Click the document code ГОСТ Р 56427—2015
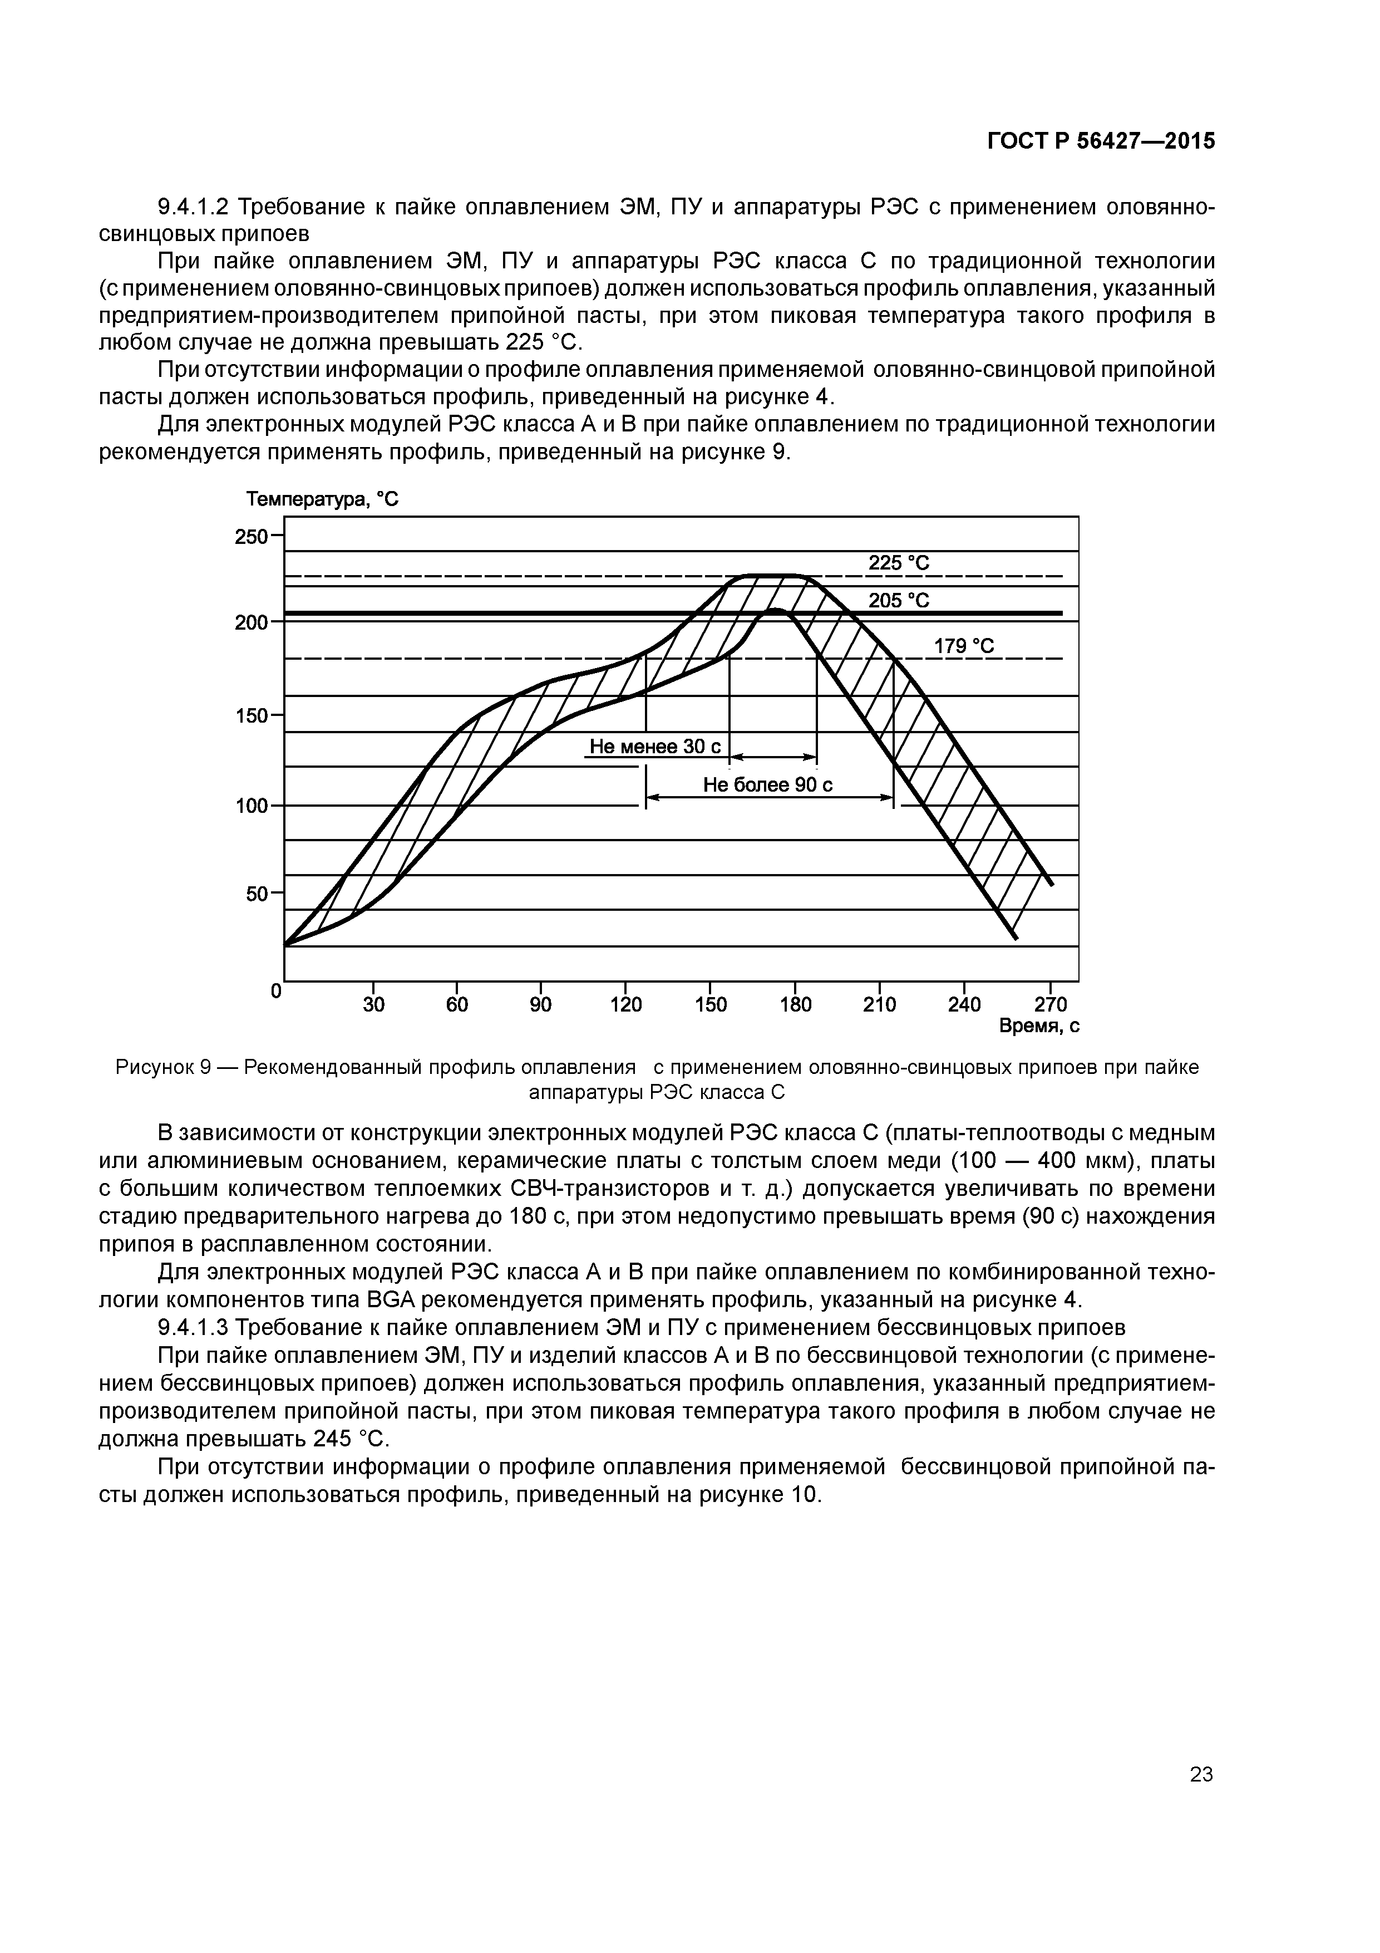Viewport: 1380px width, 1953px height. pos(1101,141)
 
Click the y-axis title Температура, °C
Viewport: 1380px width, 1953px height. pos(322,499)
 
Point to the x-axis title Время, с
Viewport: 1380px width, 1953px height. pos(1039,1027)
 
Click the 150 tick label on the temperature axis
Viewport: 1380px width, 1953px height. pos(251,716)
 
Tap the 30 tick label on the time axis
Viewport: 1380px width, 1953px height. pos(373,1004)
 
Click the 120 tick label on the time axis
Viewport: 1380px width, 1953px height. pos(626,1004)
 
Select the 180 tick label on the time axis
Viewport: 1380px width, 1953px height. pos(795,1004)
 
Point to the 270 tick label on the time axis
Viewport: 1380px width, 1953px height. pos(1051,1004)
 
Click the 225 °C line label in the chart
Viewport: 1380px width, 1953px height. pos(899,563)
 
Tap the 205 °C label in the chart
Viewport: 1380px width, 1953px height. pos(899,601)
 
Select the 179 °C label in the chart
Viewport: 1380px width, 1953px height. pos(963,646)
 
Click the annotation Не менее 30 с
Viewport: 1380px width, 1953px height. pos(655,747)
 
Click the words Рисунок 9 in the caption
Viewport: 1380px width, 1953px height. pos(163,1067)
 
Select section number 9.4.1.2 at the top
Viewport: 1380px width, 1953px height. pos(195,207)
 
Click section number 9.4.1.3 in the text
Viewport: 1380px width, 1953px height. pos(195,1327)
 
